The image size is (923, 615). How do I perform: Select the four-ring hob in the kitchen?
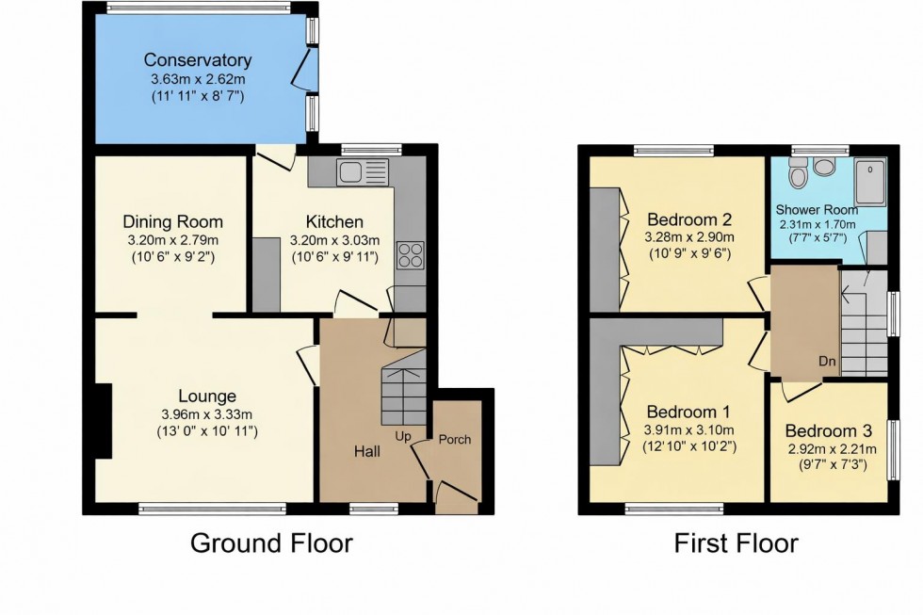click(412, 255)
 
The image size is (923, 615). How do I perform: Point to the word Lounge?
click(204, 396)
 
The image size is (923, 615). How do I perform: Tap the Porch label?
click(456, 440)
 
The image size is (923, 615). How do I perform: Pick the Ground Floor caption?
click(271, 543)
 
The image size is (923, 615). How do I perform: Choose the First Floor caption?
click(736, 543)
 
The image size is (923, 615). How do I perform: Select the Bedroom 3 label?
click(829, 432)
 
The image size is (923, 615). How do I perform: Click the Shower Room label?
click(817, 209)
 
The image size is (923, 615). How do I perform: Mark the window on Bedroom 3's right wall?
click(892, 450)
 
